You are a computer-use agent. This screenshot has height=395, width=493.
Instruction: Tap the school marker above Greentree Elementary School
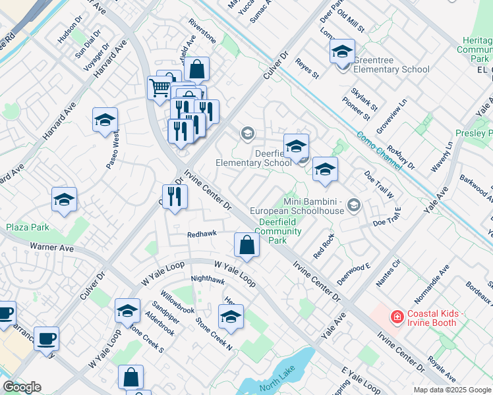342,51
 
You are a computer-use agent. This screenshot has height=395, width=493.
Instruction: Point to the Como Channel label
380,151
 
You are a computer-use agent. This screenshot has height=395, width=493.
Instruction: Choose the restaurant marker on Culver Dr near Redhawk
175,196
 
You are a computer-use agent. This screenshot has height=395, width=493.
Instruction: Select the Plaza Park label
28,227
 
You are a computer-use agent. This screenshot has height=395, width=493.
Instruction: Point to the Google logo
22,387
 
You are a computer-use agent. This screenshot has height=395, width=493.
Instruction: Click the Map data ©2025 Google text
452,390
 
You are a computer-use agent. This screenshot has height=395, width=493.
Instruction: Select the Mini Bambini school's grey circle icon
354,205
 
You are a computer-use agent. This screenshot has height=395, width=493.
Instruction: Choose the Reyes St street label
307,67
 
